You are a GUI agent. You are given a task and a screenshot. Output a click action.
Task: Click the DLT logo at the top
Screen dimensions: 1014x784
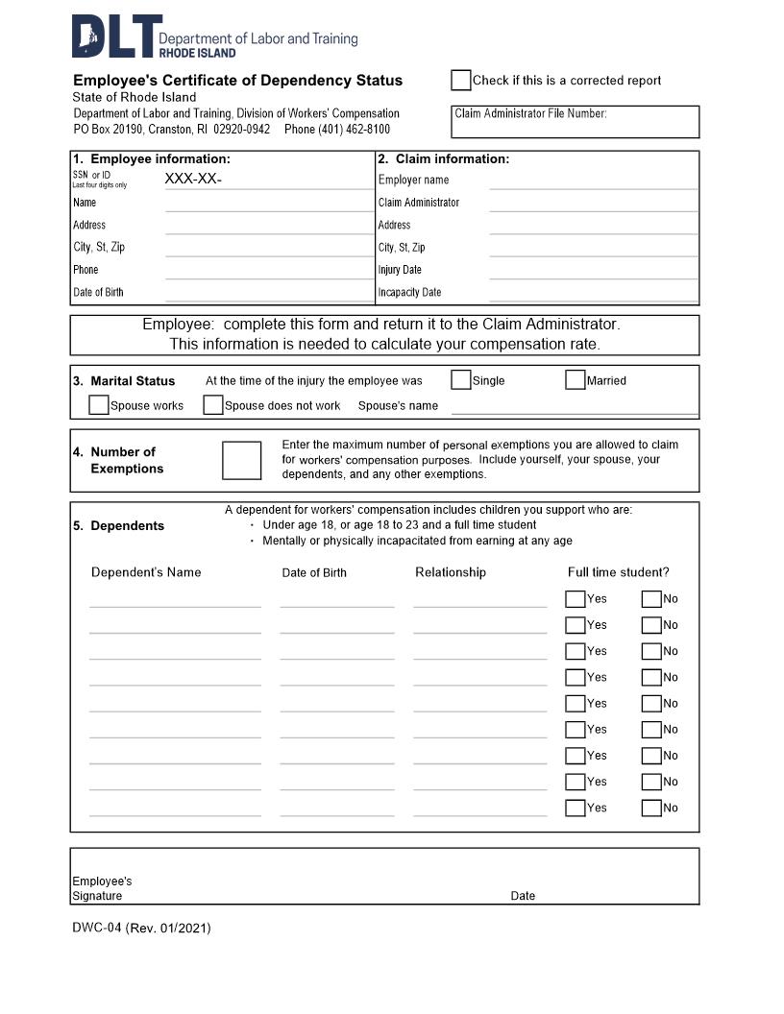pyautogui.click(x=112, y=36)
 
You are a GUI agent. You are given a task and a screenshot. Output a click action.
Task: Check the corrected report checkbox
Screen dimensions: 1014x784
pyautogui.click(x=461, y=80)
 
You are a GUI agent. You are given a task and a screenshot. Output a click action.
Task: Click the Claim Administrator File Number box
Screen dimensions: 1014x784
pyautogui.click(x=575, y=122)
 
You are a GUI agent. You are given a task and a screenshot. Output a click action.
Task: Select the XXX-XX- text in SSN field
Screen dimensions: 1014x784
pyautogui.click(x=193, y=179)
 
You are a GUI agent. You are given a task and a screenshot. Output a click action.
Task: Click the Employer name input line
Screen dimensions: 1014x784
pyautogui.click(x=593, y=180)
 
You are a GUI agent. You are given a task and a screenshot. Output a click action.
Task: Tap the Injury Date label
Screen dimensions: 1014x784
pyautogui.click(x=400, y=270)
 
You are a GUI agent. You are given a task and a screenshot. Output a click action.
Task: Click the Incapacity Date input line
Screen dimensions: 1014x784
pyautogui.click(x=593, y=293)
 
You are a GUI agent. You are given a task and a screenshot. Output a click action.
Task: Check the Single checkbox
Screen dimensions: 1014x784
pyautogui.click(x=461, y=379)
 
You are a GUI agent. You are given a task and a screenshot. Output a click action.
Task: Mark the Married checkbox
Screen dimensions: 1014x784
pyautogui.click(x=576, y=379)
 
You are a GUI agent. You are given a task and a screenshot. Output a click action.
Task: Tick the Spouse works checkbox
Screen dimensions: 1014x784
pyautogui.click(x=98, y=405)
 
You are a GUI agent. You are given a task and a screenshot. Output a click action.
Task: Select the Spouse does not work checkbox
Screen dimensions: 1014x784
pyautogui.click(x=213, y=405)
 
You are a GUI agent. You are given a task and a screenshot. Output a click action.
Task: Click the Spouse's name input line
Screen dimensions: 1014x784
pyautogui.click(x=575, y=406)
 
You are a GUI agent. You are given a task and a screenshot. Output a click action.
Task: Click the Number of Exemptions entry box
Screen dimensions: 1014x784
pyautogui.click(x=241, y=460)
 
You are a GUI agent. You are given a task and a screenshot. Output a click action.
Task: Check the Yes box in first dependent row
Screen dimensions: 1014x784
pyautogui.click(x=576, y=599)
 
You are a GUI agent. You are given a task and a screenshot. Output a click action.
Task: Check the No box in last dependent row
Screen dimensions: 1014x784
pyautogui.click(x=651, y=808)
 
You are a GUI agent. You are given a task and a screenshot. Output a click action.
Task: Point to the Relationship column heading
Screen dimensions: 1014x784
pyautogui.click(x=451, y=572)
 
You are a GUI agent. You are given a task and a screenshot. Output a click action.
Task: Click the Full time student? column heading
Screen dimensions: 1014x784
pyautogui.click(x=618, y=572)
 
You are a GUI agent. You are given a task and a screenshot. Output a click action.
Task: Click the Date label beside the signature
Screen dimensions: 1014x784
pyautogui.click(x=523, y=896)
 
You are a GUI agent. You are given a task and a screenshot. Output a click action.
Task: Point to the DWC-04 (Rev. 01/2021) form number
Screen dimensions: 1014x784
pyautogui.click(x=141, y=928)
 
